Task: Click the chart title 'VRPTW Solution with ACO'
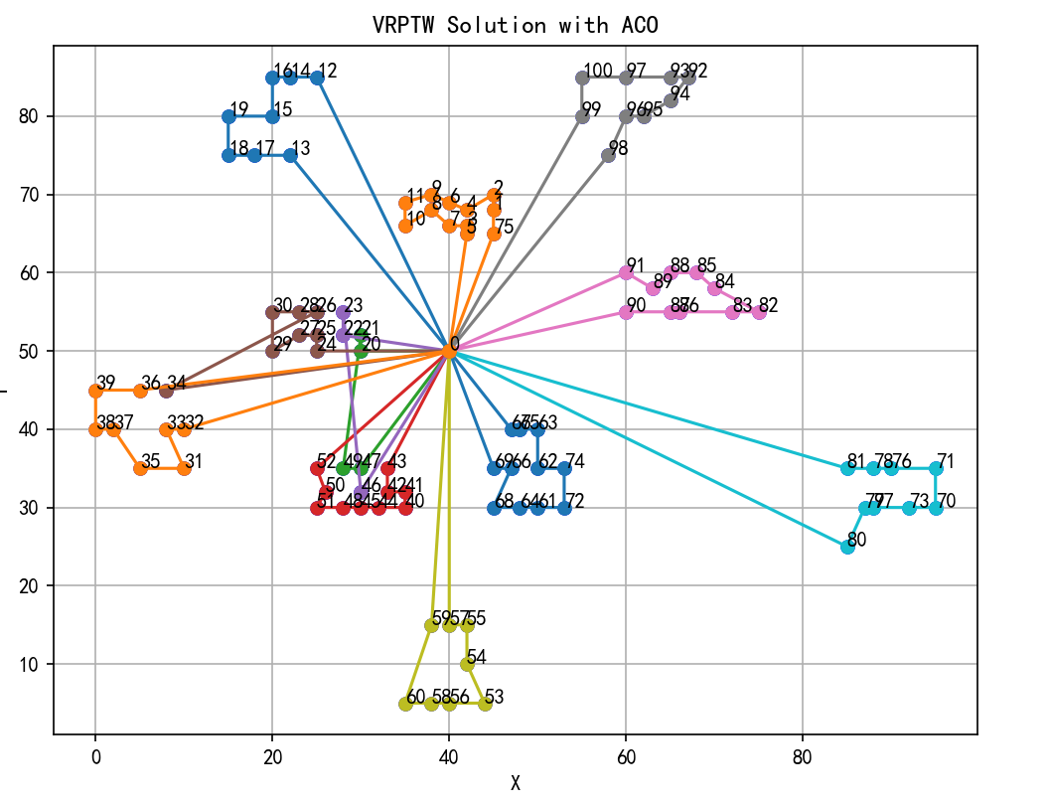tap(515, 24)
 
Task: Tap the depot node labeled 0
tap(449, 351)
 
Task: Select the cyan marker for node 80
tap(847, 547)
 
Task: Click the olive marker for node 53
tap(485, 704)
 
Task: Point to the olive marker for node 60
tap(405, 704)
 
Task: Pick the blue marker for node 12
tap(317, 78)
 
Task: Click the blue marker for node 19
tap(228, 116)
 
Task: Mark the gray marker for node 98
tap(608, 155)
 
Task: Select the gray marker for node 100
tap(582, 78)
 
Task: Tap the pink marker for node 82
tap(759, 312)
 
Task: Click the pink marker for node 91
tap(626, 272)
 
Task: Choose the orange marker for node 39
tap(95, 391)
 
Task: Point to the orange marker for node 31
tap(184, 468)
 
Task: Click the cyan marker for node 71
tap(936, 468)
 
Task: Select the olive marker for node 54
tap(467, 664)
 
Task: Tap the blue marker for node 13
tap(290, 155)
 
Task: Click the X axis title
tap(515, 783)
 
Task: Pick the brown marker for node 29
tap(272, 351)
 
